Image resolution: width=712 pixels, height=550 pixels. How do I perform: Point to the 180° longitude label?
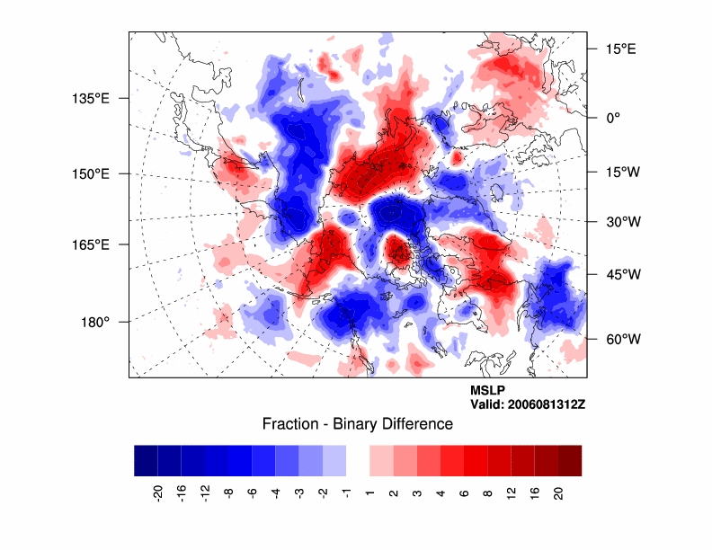95,322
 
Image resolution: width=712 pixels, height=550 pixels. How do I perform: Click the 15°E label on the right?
619,49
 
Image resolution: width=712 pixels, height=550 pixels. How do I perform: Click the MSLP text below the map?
487,390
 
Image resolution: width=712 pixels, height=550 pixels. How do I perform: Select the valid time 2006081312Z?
528,404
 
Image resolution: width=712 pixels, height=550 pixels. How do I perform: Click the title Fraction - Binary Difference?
357,424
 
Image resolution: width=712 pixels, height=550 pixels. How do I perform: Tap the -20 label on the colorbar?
157,492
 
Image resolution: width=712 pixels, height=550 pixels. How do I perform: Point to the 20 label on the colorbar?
557,492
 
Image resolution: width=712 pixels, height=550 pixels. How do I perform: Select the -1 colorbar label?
346,491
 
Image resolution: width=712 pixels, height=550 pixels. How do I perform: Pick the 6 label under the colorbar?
463,491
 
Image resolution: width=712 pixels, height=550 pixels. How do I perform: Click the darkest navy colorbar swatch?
146,460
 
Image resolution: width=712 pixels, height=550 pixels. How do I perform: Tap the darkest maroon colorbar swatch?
569,460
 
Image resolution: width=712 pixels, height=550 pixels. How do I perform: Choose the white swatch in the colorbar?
358,460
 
